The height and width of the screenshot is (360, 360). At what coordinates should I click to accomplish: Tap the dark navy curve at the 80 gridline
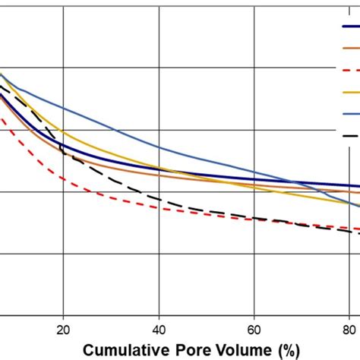tap(349, 185)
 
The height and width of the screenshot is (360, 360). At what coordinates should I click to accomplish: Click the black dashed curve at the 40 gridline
tap(158, 199)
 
